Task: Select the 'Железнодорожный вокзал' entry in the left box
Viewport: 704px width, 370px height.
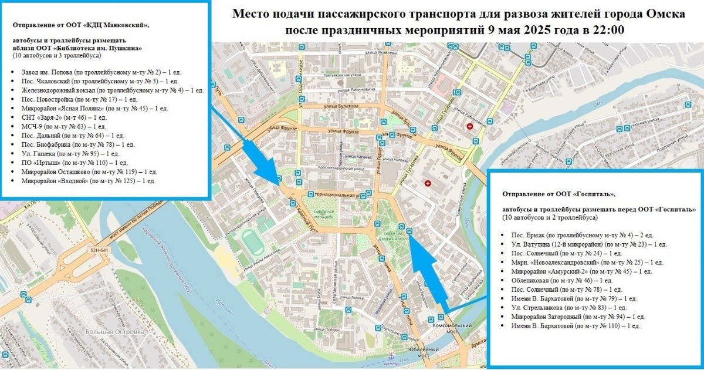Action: click(111, 90)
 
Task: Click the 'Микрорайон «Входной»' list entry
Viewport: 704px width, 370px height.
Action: click(88, 181)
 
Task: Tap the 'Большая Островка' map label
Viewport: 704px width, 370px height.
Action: click(115, 332)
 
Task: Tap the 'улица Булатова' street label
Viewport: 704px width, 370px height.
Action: click(340, 106)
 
